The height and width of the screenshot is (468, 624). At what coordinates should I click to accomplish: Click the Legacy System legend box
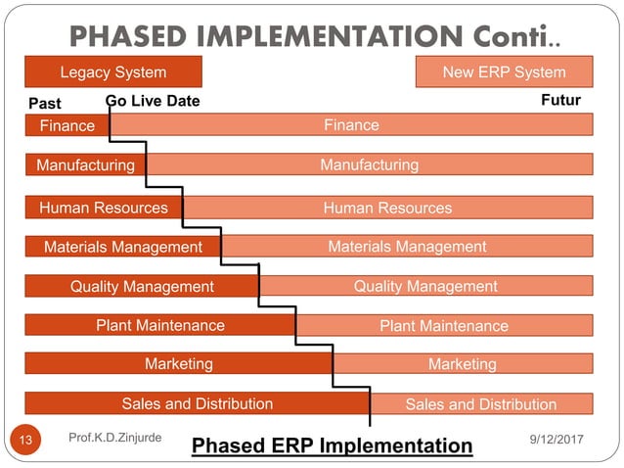pyautogui.click(x=113, y=72)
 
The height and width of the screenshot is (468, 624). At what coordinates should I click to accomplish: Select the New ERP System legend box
pyautogui.click(x=504, y=72)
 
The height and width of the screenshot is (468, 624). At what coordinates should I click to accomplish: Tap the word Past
pyautogui.click(x=45, y=103)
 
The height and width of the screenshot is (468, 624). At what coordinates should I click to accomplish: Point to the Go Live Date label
pyautogui.click(x=152, y=102)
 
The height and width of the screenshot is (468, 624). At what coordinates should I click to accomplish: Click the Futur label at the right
pyautogui.click(x=560, y=101)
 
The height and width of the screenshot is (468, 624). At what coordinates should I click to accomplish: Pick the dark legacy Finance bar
pyautogui.click(x=67, y=125)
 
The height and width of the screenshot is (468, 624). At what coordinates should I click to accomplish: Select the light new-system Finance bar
pyautogui.click(x=351, y=125)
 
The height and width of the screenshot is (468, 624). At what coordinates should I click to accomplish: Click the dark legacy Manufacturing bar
pyautogui.click(x=85, y=165)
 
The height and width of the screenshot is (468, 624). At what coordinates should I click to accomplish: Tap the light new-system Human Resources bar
pyautogui.click(x=387, y=208)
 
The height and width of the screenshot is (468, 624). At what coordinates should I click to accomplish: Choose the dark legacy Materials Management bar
pyautogui.click(x=122, y=247)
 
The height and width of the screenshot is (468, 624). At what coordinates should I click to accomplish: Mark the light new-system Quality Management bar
pyautogui.click(x=425, y=286)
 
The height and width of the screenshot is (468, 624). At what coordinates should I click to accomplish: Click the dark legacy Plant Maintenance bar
pyautogui.click(x=159, y=325)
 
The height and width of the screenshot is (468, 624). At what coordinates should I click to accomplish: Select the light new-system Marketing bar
pyautogui.click(x=463, y=364)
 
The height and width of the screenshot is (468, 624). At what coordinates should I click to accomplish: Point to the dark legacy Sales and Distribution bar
pyautogui.click(x=197, y=403)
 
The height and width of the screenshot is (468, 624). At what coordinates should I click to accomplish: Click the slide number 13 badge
pyautogui.click(x=26, y=440)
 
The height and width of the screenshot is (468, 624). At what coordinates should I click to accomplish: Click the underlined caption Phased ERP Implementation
pyautogui.click(x=332, y=446)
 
